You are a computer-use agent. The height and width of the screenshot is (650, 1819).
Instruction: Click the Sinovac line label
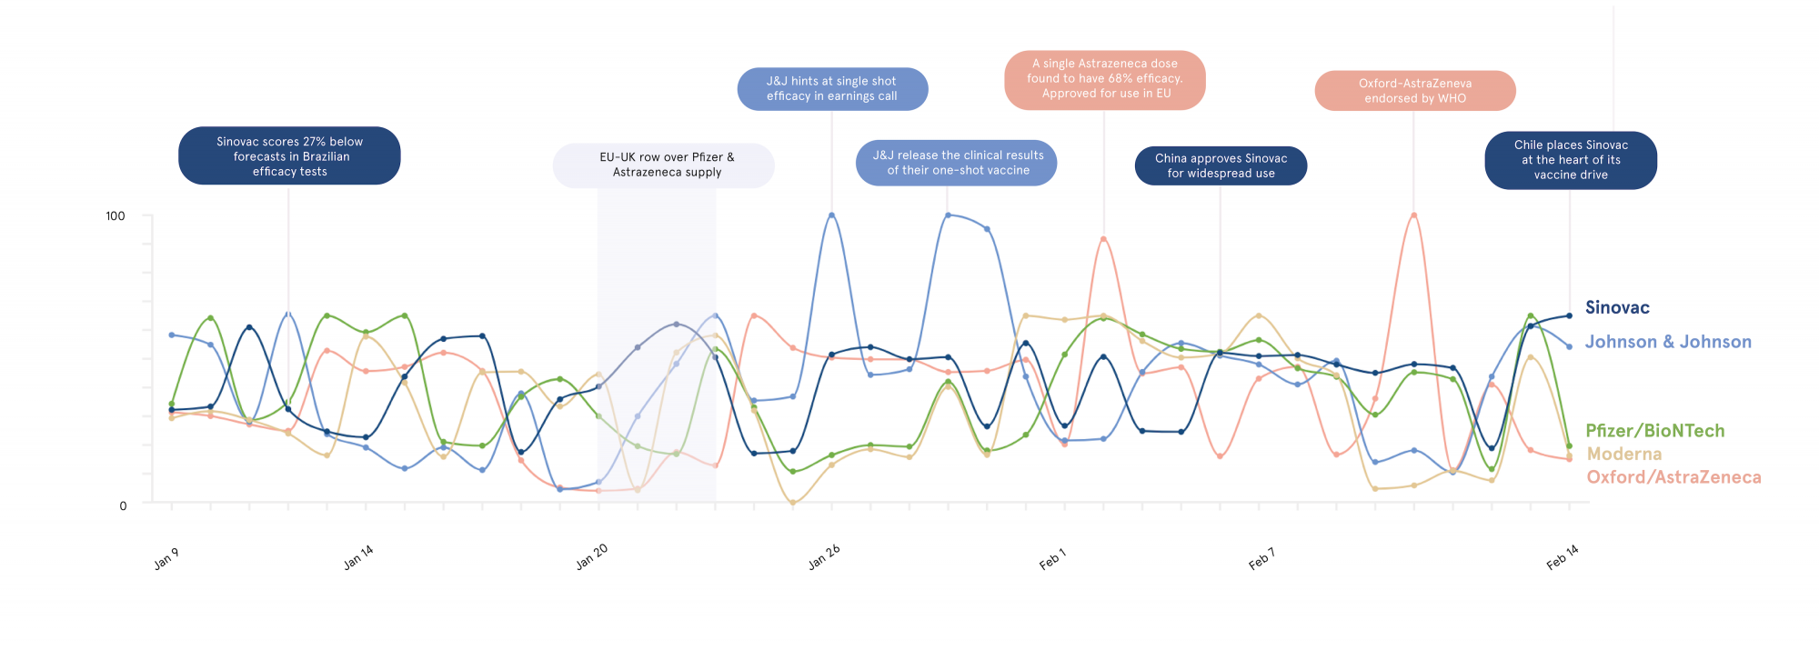point(1616,307)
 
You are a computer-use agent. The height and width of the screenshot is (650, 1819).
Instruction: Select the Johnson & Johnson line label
point(1667,342)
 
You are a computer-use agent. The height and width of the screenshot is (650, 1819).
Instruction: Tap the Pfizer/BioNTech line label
point(1654,431)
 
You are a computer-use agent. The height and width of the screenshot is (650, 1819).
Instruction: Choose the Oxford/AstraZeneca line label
point(1673,477)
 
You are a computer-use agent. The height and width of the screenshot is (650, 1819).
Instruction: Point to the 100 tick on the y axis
point(116,216)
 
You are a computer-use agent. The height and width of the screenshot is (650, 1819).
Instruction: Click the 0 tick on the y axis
point(123,505)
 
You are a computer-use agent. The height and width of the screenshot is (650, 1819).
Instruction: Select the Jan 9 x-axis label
point(166,559)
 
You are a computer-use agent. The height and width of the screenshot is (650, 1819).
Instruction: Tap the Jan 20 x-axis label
point(592,556)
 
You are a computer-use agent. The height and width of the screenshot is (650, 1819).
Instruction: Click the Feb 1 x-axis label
point(1052,559)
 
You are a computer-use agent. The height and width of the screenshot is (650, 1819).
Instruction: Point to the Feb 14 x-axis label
point(1563,557)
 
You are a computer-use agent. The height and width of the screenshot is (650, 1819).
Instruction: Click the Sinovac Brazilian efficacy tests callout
point(289,156)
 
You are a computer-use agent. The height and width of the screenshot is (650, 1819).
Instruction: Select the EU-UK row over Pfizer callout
point(664,165)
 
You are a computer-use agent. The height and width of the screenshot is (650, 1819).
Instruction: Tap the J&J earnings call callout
point(831,89)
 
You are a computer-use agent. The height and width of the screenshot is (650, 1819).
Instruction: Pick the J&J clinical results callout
point(957,163)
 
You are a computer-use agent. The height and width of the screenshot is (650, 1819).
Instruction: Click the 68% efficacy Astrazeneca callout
point(1104,79)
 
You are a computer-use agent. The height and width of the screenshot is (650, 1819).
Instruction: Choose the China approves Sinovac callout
point(1221,165)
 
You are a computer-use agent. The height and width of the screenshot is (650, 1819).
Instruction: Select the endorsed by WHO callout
point(1414,91)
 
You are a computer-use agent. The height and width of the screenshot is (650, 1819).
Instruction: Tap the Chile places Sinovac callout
point(1571,160)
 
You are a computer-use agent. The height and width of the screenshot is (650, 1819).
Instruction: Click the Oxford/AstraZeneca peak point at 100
point(1413,215)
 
